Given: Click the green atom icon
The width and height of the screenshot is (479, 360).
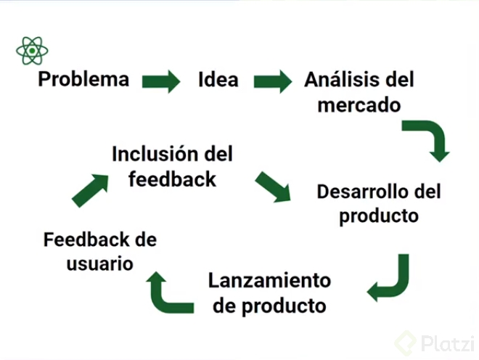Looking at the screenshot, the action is tap(32, 51).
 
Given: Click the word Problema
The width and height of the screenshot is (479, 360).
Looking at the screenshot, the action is tap(83, 79).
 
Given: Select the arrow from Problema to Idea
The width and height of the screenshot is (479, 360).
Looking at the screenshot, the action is tap(161, 81).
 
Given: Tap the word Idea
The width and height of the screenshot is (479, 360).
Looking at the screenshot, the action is tap(218, 79).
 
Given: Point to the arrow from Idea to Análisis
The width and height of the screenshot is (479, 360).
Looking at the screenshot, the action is tap(273, 81).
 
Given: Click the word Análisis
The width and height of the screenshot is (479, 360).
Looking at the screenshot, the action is tap(343, 79).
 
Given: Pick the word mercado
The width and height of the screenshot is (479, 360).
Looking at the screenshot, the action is tap(359, 105).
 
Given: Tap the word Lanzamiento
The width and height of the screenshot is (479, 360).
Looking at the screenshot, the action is tap(269, 280).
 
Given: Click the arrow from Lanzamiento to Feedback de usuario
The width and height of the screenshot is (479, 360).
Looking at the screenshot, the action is tap(170, 292).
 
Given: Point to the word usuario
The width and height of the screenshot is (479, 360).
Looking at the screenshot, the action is tap(100, 263).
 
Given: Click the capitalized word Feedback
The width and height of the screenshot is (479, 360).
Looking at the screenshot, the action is tap(86, 240).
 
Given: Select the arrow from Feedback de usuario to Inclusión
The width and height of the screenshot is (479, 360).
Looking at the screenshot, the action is tap(90, 191).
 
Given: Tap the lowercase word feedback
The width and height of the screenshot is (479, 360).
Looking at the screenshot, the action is tap(172, 179).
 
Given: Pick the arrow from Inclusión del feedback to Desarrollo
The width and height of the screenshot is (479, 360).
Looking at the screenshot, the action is tap(273, 187).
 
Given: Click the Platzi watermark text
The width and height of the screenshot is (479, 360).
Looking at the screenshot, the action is tap(448, 343).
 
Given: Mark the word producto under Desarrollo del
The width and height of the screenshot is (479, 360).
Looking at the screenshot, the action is tap(379, 216).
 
